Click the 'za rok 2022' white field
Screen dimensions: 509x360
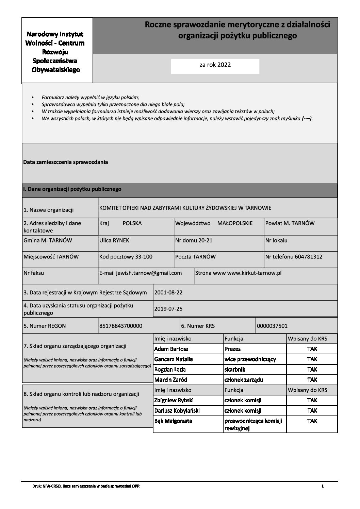click(x=215, y=66)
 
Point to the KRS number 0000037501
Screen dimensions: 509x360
click(x=272, y=326)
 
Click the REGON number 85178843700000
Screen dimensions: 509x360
click(x=121, y=326)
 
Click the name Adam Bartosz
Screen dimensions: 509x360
click(x=171, y=349)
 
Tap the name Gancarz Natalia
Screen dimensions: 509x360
click(x=174, y=359)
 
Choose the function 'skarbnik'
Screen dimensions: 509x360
click(x=235, y=370)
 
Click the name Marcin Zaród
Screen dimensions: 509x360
click(x=171, y=380)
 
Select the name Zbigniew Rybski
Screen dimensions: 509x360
click(x=174, y=401)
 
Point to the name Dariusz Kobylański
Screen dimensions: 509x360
click(x=177, y=411)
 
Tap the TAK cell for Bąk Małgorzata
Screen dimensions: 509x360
click(x=312, y=421)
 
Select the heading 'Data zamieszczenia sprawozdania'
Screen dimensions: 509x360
click(x=65, y=162)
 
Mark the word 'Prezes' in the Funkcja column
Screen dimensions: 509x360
click(x=233, y=349)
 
